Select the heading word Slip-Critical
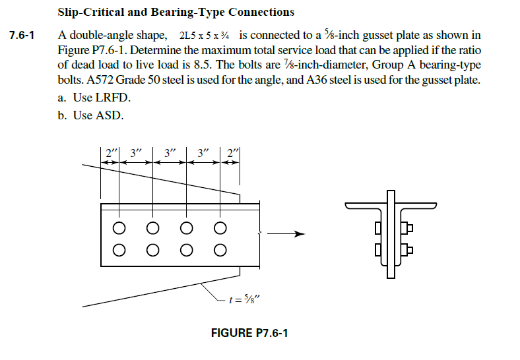point(88,12)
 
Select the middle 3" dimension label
point(170,152)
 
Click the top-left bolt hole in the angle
point(119,228)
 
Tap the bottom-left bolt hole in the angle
point(119,250)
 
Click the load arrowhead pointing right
point(300,233)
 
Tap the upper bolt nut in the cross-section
point(408,228)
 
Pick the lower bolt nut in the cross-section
point(408,249)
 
